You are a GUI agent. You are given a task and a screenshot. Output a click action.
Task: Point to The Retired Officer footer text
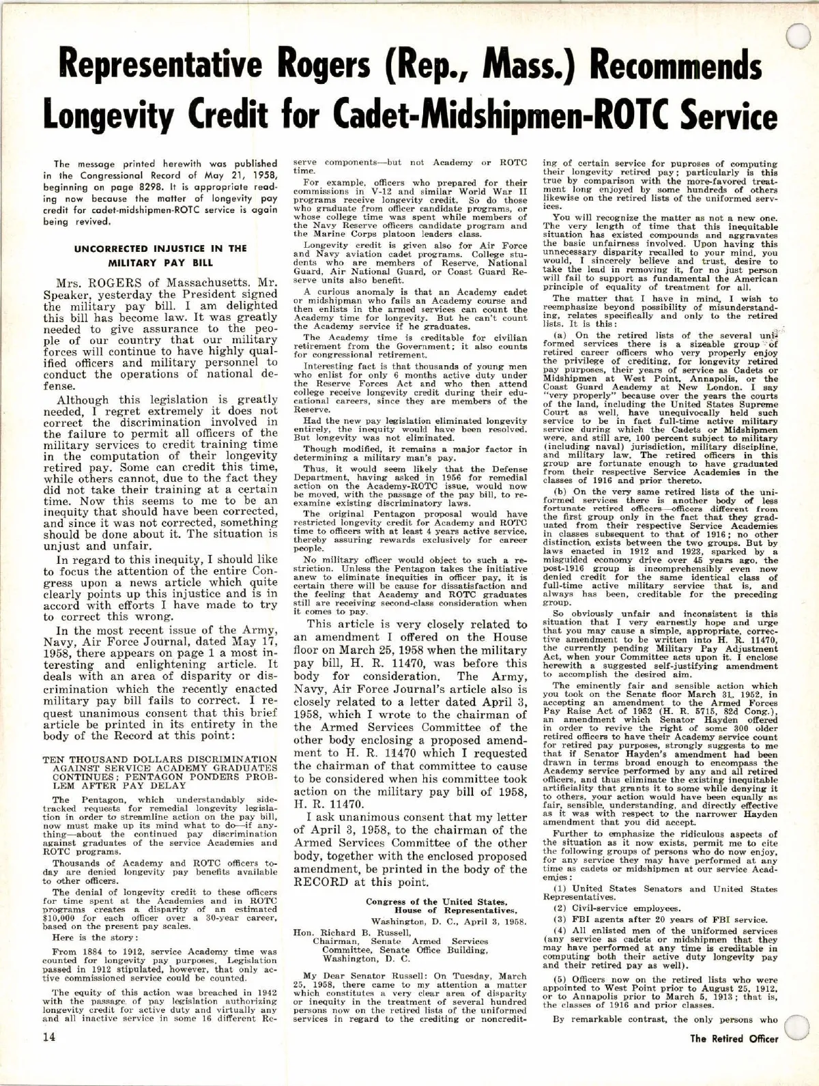(734, 1058)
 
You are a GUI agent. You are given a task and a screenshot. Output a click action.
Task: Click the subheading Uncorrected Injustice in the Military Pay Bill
(160, 255)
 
